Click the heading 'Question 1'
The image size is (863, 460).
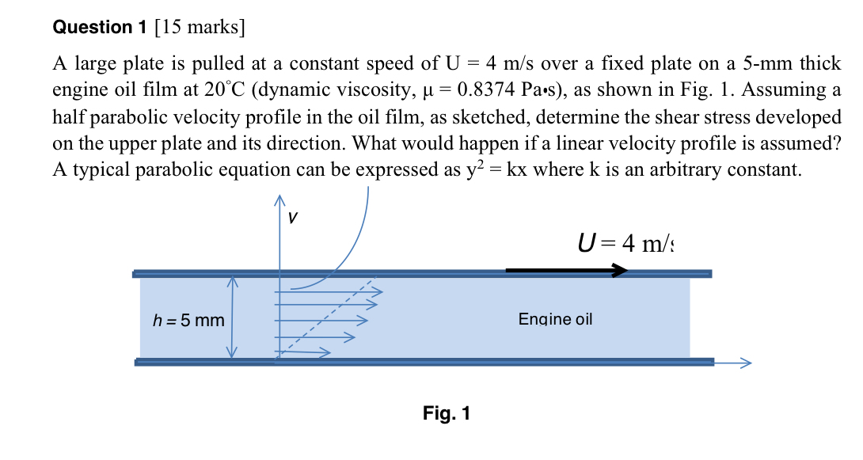tap(100, 28)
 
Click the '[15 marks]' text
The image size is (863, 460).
tap(200, 28)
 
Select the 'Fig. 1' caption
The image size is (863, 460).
tap(447, 413)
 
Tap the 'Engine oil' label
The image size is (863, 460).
tap(555, 319)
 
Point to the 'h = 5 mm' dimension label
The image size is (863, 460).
tap(188, 321)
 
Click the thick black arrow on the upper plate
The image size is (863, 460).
tap(565, 271)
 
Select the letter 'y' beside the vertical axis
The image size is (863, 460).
tap(293, 215)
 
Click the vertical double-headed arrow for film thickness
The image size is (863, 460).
tap(233, 317)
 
